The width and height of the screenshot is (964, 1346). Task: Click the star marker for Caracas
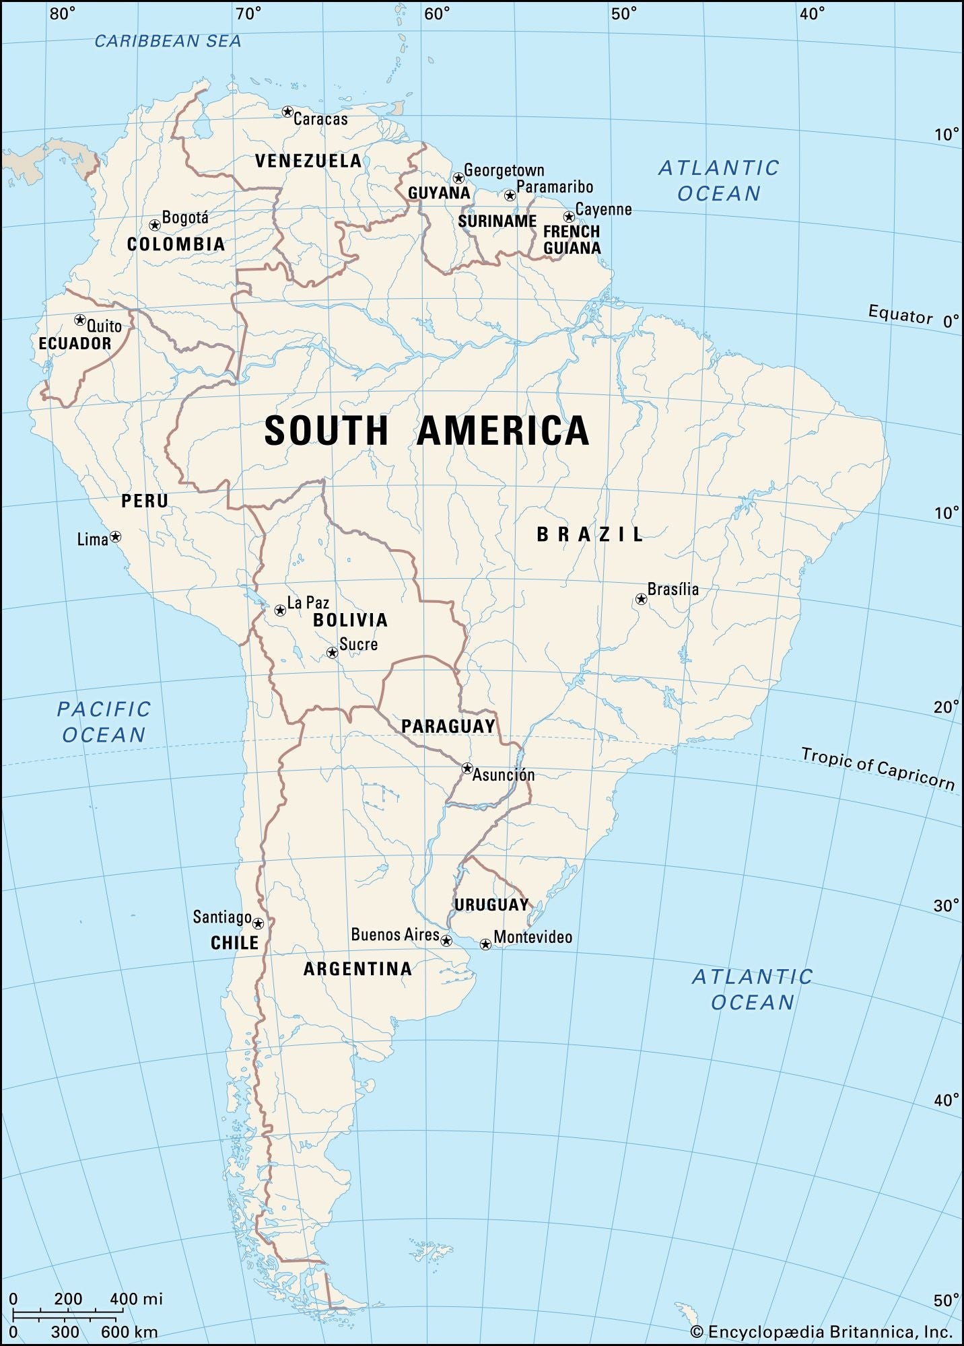tap(287, 112)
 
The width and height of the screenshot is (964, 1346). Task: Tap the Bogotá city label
tap(185, 217)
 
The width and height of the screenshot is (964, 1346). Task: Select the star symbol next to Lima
tap(116, 536)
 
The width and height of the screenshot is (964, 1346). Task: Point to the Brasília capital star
tap(642, 598)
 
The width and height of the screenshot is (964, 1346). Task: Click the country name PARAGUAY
tap(448, 726)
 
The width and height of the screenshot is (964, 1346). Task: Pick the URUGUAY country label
tap(491, 905)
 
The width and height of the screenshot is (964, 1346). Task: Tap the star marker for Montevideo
tap(485, 944)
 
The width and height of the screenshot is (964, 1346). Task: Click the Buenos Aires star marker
tap(446, 940)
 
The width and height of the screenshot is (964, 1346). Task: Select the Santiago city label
tap(222, 917)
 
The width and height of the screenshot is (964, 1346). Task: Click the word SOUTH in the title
tap(326, 431)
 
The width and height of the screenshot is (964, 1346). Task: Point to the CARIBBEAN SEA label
tap(168, 41)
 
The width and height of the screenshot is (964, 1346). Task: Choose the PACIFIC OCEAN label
tap(104, 721)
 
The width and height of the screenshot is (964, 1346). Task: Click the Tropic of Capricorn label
tap(877, 768)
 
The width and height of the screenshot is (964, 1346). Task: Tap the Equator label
tap(900, 314)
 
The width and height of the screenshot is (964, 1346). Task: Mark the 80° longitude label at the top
tap(63, 13)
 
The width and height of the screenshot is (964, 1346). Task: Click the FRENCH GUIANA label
tap(572, 240)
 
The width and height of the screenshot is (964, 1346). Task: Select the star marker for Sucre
tap(332, 652)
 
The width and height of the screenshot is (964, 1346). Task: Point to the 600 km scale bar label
tap(129, 1331)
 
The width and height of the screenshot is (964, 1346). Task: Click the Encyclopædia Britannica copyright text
tap(821, 1331)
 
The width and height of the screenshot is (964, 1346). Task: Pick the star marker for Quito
tap(80, 320)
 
